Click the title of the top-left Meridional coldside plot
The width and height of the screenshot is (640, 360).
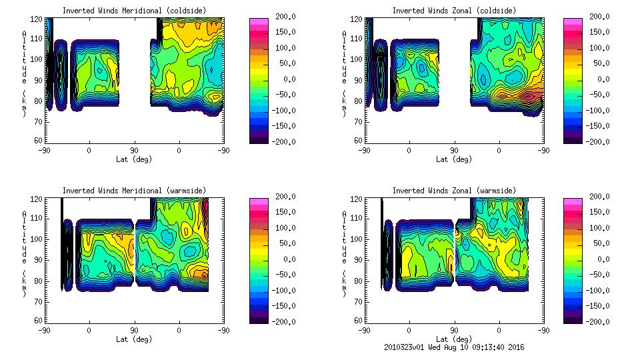(x=134, y=11)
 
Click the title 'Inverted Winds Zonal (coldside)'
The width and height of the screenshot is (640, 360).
(x=454, y=11)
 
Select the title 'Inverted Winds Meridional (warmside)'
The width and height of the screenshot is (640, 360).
(x=134, y=191)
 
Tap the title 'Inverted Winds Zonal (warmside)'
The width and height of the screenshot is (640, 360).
(x=454, y=191)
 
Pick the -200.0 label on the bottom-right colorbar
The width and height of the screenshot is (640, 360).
(x=598, y=321)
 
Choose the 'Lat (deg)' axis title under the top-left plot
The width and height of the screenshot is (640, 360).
(x=134, y=159)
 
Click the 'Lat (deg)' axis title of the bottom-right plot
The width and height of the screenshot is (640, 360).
(x=454, y=339)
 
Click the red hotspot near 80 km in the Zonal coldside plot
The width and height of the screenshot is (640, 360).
(x=530, y=95)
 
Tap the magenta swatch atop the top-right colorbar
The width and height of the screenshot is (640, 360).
(x=572, y=21)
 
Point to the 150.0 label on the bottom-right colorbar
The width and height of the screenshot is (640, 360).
(x=599, y=212)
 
